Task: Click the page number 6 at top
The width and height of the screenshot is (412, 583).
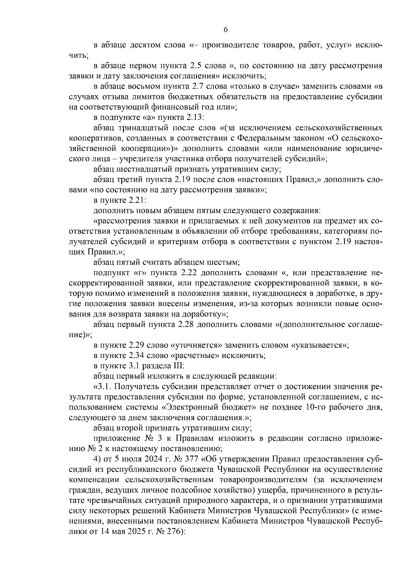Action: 226,30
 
